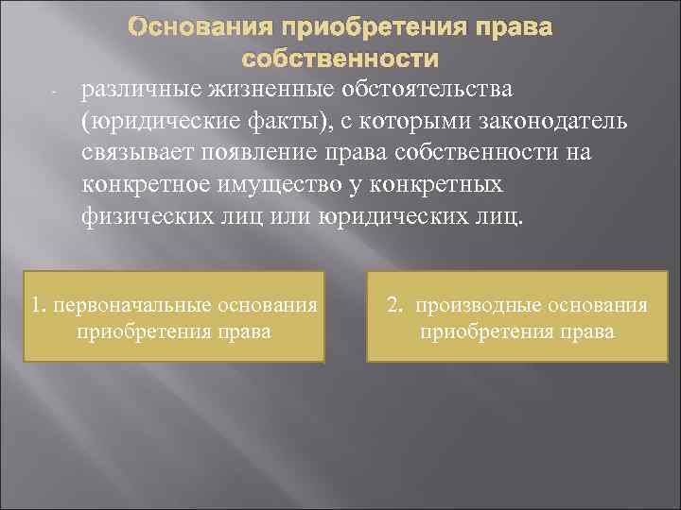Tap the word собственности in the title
(x=340, y=59)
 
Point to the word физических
(x=140, y=218)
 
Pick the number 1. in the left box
(x=39, y=306)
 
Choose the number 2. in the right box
(x=394, y=306)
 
